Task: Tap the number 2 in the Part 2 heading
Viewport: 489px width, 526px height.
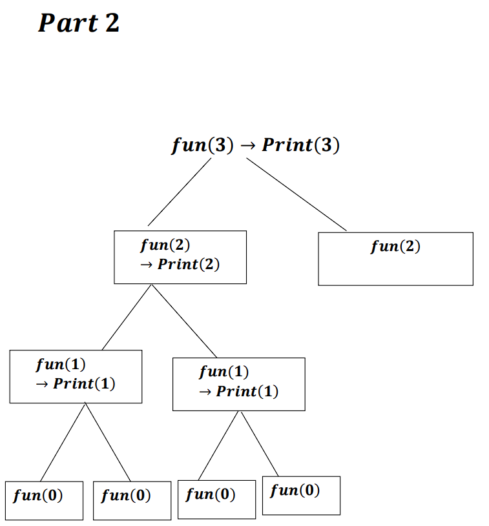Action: point(111,23)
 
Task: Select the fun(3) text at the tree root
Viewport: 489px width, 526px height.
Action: point(203,145)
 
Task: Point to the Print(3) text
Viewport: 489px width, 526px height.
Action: point(300,145)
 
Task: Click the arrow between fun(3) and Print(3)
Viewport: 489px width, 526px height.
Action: point(247,146)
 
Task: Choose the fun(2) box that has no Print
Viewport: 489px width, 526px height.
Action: point(395,258)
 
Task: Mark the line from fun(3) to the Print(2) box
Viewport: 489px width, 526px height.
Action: point(179,192)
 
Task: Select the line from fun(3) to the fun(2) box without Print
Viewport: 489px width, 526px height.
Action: point(296,194)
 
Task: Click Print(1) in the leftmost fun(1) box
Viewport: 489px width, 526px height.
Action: point(84,383)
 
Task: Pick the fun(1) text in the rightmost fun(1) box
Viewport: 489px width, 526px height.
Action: point(224,372)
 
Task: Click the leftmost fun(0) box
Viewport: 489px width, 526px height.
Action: point(44,500)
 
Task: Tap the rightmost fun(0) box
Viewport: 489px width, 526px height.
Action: point(301,495)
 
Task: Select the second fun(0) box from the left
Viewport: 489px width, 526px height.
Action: point(132,500)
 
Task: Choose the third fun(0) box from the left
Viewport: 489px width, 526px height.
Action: point(216,499)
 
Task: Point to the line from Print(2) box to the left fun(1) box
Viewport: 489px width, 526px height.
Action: point(127,316)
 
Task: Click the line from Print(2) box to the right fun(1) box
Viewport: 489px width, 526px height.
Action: point(184,320)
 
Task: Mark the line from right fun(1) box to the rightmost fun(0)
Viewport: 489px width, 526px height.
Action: point(260,443)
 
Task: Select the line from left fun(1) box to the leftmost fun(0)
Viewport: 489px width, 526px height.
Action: point(63,442)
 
